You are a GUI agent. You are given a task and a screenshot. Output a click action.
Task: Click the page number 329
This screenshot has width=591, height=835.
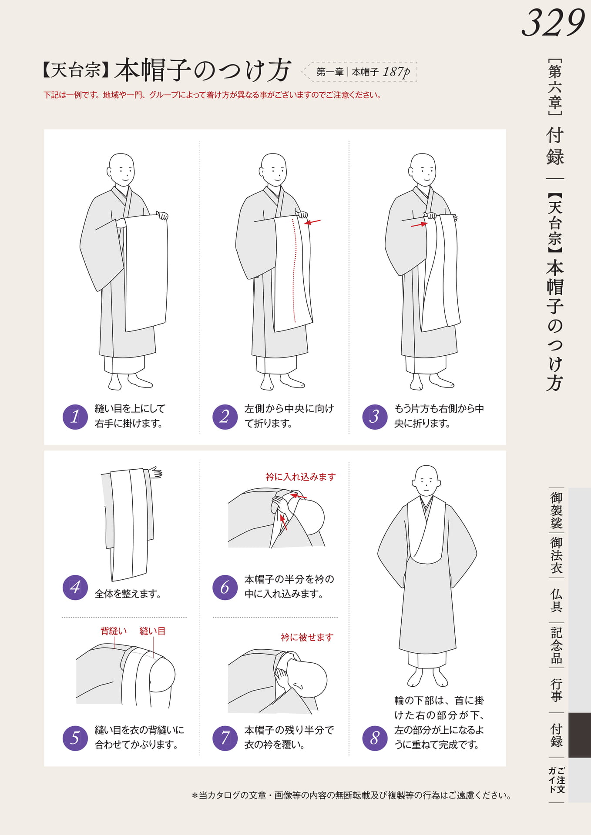(x=553, y=23)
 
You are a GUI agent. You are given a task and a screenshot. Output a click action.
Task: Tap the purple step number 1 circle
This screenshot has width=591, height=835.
(x=75, y=417)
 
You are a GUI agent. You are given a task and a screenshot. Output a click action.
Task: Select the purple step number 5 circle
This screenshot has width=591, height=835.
(x=75, y=738)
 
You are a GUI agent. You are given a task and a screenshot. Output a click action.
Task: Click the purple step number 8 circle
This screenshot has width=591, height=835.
(x=375, y=738)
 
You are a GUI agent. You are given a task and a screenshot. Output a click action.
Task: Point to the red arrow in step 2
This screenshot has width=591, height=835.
(x=312, y=222)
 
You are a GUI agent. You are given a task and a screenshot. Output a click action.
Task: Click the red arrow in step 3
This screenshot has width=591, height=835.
(x=420, y=225)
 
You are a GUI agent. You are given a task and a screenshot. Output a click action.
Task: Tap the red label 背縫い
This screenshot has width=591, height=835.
(x=114, y=631)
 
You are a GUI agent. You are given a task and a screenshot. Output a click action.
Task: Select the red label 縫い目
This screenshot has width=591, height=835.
(x=152, y=631)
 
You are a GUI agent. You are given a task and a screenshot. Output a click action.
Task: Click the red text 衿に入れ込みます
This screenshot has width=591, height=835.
(x=301, y=477)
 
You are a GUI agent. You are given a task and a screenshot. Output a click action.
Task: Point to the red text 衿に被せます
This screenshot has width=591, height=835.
(x=307, y=638)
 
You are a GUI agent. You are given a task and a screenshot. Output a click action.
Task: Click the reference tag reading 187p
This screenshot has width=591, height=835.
(x=396, y=72)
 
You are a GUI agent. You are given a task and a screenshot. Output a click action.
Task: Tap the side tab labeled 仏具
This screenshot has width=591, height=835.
(x=556, y=601)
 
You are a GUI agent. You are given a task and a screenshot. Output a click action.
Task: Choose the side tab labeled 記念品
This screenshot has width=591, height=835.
(x=556, y=645)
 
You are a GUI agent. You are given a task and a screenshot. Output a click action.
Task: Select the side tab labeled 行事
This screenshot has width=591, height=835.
(x=556, y=690)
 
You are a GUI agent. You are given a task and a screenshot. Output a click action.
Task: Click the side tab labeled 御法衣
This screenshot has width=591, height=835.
(x=556, y=555)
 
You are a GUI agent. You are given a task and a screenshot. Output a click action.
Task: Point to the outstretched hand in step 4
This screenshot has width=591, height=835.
(x=155, y=473)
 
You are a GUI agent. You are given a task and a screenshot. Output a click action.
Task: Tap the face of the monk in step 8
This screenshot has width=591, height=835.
(x=426, y=481)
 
